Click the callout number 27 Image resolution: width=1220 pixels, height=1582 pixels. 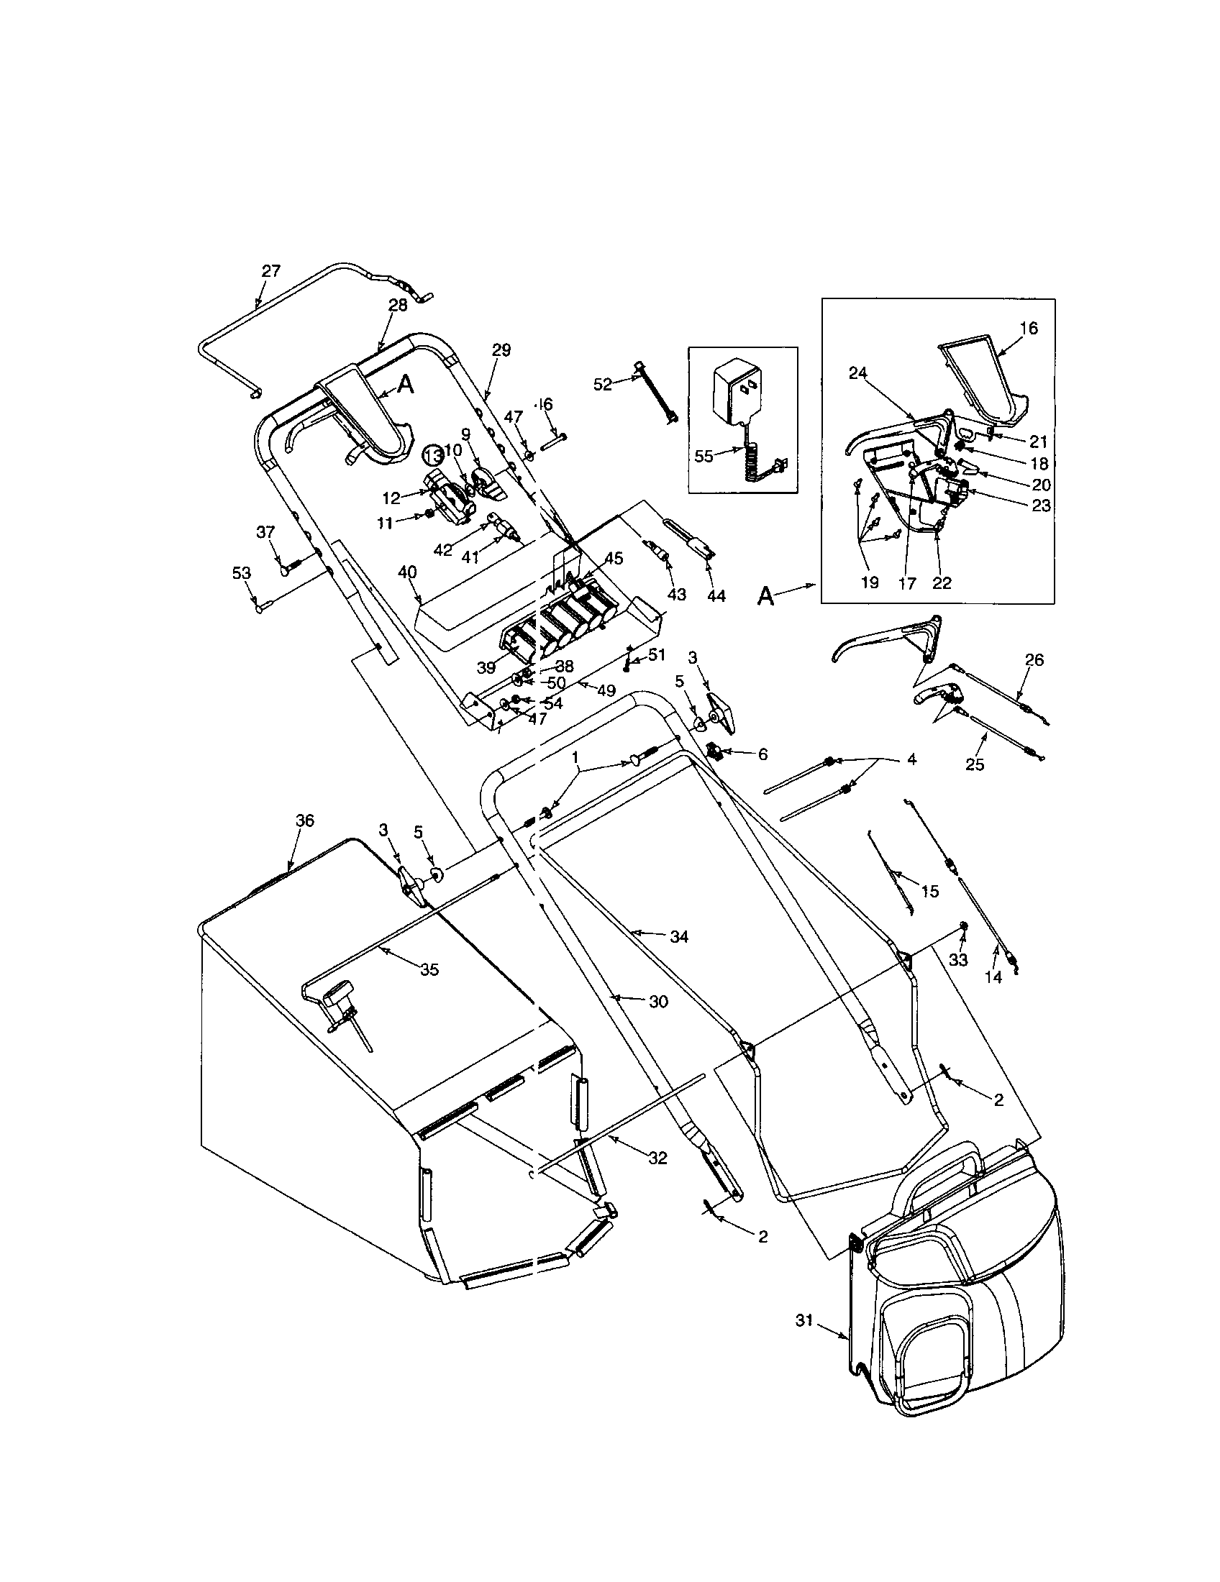[x=270, y=271]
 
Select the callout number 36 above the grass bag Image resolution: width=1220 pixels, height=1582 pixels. [x=305, y=820]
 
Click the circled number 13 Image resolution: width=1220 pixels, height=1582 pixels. [x=433, y=456]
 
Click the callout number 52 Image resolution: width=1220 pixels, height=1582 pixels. [x=603, y=385]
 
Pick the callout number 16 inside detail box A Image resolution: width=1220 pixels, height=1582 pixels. [x=1029, y=328]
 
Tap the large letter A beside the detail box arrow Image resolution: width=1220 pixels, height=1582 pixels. [x=766, y=596]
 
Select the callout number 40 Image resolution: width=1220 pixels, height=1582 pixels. [x=408, y=572]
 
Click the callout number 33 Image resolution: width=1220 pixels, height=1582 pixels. [x=957, y=960]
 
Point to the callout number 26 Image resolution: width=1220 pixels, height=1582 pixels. [x=1034, y=660]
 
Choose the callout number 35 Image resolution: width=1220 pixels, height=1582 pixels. [x=429, y=970]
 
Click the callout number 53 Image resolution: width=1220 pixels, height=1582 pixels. [x=241, y=573]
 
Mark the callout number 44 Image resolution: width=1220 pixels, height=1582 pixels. [x=716, y=595]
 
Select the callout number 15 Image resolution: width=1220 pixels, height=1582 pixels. [x=929, y=892]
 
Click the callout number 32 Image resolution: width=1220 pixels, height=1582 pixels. [x=657, y=1158]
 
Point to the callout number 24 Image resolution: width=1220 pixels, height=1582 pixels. [x=857, y=373]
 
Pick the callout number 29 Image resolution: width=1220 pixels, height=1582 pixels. [x=501, y=351]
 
